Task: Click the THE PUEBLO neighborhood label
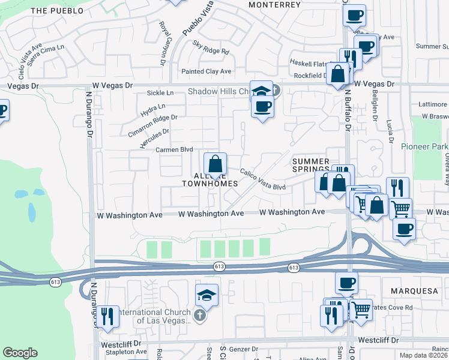(x=55, y=11)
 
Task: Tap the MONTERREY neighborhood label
(x=274, y=4)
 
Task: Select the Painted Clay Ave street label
(x=206, y=71)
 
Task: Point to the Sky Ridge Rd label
(x=211, y=47)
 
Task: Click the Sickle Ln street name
(x=160, y=93)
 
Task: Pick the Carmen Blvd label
(x=174, y=150)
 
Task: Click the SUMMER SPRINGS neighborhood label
(x=310, y=166)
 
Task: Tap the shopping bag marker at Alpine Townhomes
(x=215, y=163)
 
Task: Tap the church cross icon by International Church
(x=200, y=314)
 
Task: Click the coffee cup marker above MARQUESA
(x=346, y=283)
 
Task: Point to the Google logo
(x=20, y=353)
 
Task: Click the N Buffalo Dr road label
(x=347, y=120)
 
